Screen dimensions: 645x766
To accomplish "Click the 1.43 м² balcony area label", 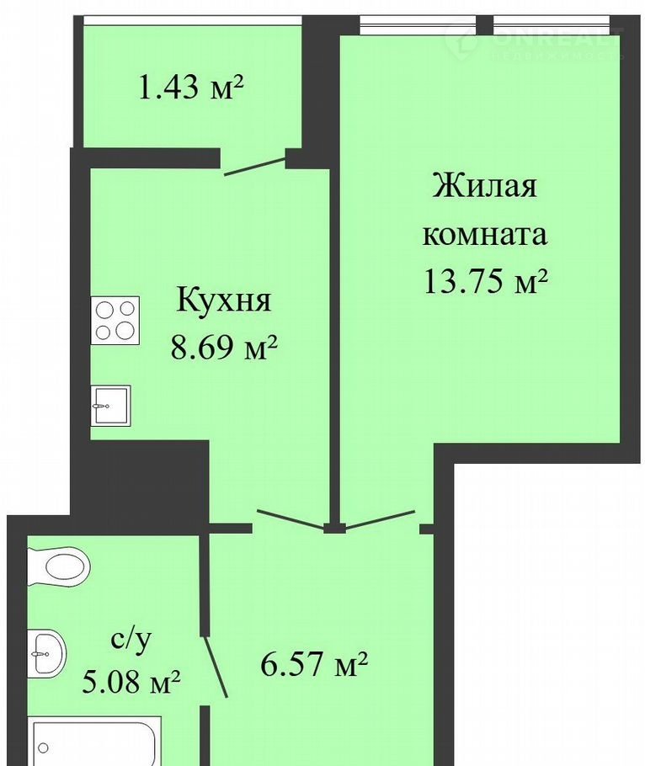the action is pyautogui.click(x=191, y=88).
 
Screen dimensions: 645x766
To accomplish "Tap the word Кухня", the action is pyautogui.click(x=223, y=299).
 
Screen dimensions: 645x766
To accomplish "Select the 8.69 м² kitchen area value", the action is pyautogui.click(x=224, y=348).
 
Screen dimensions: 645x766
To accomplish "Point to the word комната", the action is pyautogui.click(x=484, y=235).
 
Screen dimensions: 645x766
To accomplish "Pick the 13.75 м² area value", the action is pyautogui.click(x=484, y=281).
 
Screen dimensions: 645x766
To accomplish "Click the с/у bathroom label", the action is pyautogui.click(x=131, y=641).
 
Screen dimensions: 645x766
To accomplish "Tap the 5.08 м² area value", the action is pyautogui.click(x=131, y=682).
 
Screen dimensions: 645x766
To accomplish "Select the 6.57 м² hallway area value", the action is pyautogui.click(x=313, y=663).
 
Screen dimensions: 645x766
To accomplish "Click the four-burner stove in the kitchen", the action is pyautogui.click(x=115, y=321).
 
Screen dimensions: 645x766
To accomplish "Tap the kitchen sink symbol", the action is pyautogui.click(x=110, y=406).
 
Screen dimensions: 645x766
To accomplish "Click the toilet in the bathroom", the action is pyautogui.click(x=59, y=567).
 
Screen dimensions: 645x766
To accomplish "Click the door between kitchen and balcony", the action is pyautogui.click(x=254, y=166).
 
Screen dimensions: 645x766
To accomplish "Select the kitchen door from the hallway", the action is pyautogui.click(x=291, y=519).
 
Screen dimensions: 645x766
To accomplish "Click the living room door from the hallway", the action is pyautogui.click(x=380, y=519).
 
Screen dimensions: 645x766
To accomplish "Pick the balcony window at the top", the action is pyautogui.click(x=191, y=20).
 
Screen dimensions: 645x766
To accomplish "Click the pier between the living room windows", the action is pyautogui.click(x=484, y=25).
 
